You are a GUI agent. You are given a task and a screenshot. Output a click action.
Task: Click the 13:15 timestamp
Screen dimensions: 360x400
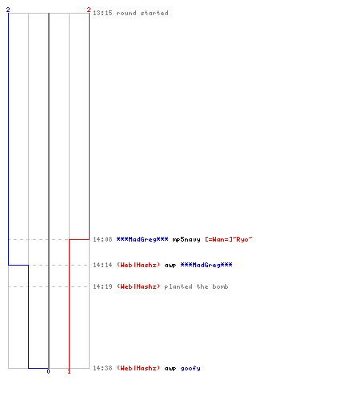[102, 13]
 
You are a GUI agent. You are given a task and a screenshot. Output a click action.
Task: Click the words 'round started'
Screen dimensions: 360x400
[142, 13]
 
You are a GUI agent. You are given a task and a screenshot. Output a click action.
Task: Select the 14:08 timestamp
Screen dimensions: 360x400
[102, 239]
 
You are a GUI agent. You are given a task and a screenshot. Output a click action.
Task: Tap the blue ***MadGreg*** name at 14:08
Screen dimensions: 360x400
[142, 239]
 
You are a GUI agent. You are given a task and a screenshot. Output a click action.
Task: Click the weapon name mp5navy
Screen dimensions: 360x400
[186, 240]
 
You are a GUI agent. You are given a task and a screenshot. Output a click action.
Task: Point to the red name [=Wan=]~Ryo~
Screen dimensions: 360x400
[229, 239]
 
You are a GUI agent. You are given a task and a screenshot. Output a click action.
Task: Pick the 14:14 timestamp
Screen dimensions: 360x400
[102, 265]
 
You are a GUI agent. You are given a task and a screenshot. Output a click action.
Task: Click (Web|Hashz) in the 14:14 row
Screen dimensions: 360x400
[138, 265]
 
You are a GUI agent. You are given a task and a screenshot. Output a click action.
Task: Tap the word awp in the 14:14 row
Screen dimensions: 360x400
[170, 266]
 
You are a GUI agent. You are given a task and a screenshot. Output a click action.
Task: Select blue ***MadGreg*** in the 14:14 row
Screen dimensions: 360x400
[206, 265]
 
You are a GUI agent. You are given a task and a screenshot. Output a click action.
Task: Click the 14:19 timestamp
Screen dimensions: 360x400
[102, 286]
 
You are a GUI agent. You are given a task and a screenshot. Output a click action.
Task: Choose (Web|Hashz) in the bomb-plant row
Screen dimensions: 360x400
[138, 286]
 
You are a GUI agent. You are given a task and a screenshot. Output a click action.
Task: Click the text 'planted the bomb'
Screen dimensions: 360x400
[196, 286]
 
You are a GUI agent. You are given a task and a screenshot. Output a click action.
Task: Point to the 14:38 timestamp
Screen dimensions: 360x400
[102, 368]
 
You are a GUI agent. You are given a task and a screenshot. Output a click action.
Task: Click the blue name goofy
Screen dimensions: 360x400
[190, 369]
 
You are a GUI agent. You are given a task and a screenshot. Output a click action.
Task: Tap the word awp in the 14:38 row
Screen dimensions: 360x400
[170, 369]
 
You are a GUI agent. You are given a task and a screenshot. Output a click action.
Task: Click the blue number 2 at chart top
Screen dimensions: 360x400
[8, 10]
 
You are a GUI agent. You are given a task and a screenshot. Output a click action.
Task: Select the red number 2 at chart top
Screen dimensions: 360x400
[89, 10]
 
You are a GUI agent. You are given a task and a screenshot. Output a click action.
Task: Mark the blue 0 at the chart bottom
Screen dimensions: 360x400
[48, 371]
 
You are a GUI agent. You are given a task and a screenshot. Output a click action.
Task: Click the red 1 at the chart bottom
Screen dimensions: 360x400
[69, 371]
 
